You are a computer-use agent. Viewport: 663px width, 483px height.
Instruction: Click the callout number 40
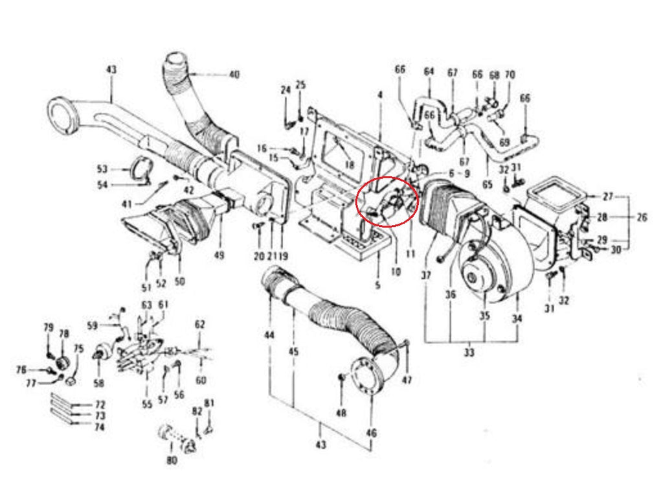(x=234, y=75)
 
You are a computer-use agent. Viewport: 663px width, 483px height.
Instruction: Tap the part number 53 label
(x=102, y=169)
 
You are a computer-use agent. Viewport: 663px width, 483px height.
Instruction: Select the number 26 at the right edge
(x=642, y=217)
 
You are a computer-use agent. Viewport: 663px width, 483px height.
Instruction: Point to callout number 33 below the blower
(x=469, y=353)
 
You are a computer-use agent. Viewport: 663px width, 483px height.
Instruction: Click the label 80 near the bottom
(x=172, y=461)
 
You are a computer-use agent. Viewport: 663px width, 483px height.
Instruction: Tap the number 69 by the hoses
(x=504, y=141)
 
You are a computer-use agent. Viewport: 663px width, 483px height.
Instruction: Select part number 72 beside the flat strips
(x=100, y=405)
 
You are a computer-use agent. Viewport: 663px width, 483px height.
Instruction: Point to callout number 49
(x=219, y=255)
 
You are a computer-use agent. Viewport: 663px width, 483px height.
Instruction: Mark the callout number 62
(x=199, y=324)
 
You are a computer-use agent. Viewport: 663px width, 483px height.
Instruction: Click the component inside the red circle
(x=390, y=205)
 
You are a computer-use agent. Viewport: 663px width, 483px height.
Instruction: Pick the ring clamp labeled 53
(x=141, y=171)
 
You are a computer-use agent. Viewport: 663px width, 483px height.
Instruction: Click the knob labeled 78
(x=63, y=360)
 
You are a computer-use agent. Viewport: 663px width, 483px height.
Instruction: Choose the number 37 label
(x=426, y=276)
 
